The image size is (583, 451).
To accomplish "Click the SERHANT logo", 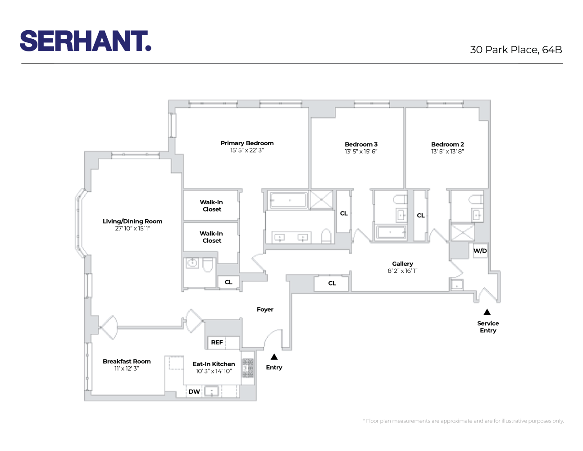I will [85, 41].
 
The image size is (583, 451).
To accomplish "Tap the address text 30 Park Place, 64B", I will [516, 50].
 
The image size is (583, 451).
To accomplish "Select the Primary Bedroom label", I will [247, 143].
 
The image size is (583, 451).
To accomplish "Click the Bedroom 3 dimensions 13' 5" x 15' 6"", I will [361, 152].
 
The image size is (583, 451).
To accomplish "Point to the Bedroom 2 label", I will [447, 145].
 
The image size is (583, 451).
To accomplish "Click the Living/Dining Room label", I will [132, 221].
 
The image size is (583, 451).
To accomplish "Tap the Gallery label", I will [402, 264].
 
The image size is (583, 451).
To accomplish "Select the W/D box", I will [480, 251].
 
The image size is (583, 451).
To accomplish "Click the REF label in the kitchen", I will [217, 342].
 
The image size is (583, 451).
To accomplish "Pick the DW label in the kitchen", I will [194, 391].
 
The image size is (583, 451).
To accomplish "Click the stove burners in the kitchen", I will [248, 368].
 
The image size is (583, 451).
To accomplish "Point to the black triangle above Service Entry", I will [487, 312].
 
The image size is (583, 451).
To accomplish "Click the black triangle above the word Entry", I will [274, 357].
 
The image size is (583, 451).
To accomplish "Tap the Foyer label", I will [265, 309].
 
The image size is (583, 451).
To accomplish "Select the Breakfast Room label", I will [127, 362].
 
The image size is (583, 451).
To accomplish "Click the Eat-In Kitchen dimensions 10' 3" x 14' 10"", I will [214, 372].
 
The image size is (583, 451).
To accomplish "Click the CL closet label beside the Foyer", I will [228, 282].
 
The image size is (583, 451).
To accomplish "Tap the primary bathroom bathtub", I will [288, 200].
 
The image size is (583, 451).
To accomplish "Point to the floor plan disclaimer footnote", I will [463, 421].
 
